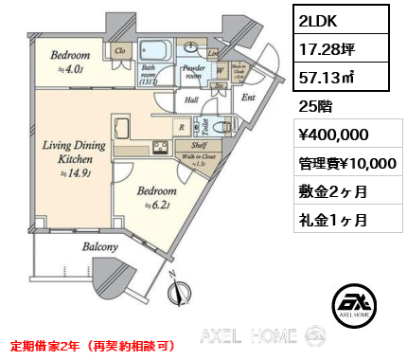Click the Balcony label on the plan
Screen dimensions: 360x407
[98, 246]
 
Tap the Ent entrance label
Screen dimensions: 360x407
[250, 96]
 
